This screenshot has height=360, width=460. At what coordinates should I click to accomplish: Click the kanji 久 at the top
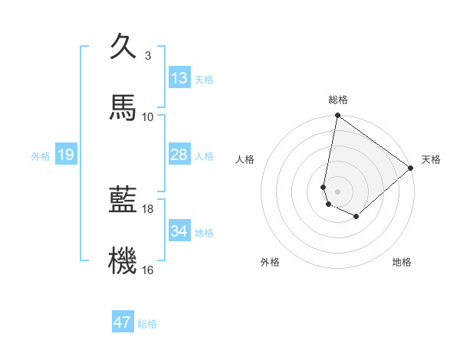pos(123,47)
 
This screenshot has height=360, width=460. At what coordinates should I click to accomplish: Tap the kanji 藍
pos(123,200)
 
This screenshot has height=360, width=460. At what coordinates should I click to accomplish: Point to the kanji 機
pos(123,260)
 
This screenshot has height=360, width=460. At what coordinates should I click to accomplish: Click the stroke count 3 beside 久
pos(147,56)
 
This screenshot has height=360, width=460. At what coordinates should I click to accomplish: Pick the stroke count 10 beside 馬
pos(147,116)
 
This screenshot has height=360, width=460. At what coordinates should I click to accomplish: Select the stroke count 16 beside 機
pos(147,270)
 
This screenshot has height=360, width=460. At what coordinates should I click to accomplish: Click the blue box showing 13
pos(179,78)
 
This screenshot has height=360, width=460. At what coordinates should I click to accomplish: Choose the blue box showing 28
pos(179,155)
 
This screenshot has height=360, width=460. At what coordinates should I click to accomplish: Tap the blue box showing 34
pos(179,231)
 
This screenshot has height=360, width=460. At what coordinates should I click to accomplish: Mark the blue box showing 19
pos(66,155)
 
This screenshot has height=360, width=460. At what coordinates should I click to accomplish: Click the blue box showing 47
pos(123,322)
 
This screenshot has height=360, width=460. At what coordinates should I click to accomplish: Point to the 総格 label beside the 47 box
pos(148,324)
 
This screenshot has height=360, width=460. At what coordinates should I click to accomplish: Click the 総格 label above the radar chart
pos(338,100)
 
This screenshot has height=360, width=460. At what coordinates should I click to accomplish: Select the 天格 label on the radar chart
pos(431,159)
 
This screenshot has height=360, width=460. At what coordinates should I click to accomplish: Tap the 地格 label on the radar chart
pos(402,262)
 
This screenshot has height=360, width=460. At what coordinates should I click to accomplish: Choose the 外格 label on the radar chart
pos(270,262)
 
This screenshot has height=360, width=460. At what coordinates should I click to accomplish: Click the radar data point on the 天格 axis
pos(411,169)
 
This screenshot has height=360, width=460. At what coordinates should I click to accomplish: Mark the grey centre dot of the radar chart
pos(338,191)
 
